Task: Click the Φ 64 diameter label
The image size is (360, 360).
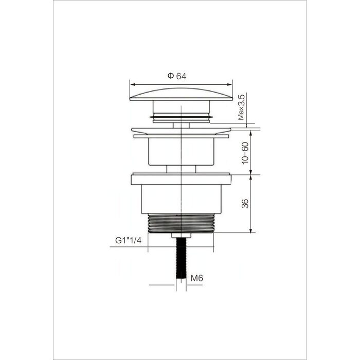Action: point(177,76)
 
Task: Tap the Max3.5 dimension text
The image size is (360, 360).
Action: point(242,107)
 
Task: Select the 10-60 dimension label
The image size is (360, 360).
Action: point(245,153)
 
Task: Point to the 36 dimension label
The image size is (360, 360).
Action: point(245,204)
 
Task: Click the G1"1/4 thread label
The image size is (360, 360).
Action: point(129,240)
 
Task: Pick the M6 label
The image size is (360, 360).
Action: point(197,278)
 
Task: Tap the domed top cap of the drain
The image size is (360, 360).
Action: point(181,94)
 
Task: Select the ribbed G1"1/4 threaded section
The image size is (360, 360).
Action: point(181,223)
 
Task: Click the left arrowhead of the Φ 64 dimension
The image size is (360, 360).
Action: point(133,84)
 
